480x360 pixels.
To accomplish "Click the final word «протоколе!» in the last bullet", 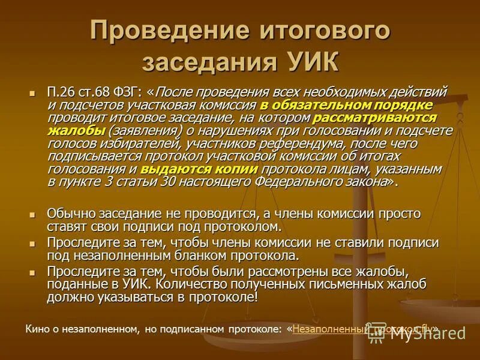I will (228, 297).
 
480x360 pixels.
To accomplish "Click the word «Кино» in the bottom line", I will (37, 329).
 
